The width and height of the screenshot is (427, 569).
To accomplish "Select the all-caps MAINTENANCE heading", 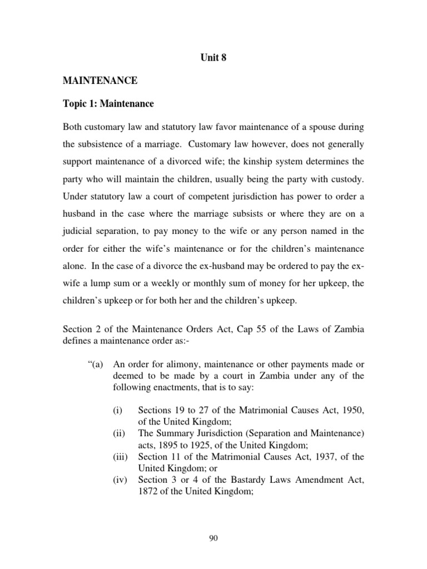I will (100, 81).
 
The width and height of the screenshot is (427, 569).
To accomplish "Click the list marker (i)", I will (117, 410).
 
